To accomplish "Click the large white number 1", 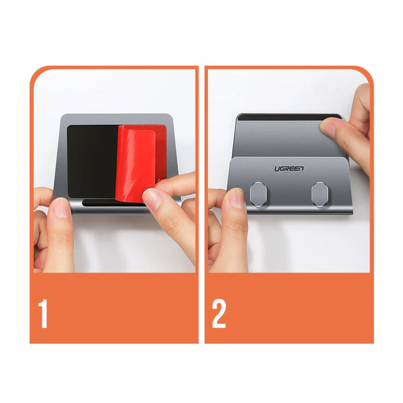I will (x=43, y=313).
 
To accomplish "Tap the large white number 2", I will (x=219, y=313).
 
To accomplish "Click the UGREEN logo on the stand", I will (x=289, y=169).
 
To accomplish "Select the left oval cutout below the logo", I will (x=258, y=193).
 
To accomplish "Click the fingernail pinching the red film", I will (x=152, y=199).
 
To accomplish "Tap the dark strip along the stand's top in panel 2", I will (x=279, y=118).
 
